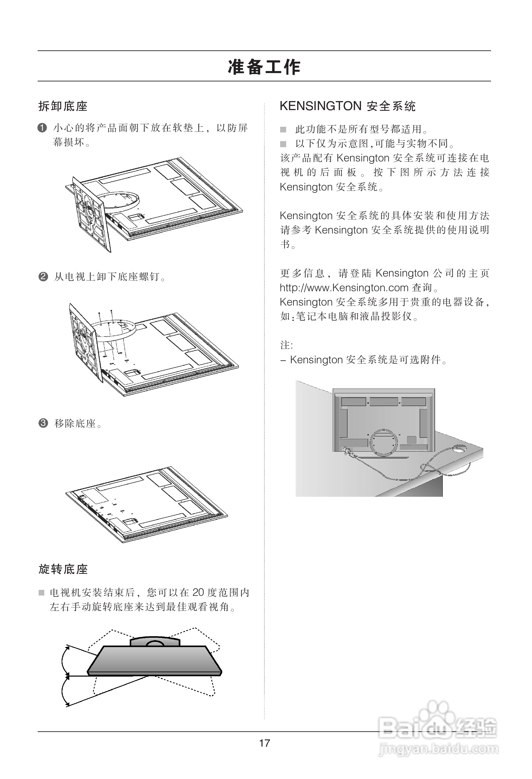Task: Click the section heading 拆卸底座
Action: [63, 106]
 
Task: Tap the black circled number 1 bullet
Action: [42, 128]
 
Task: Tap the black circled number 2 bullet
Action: [43, 277]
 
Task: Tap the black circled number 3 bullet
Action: [43, 423]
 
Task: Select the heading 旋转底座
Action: [63, 569]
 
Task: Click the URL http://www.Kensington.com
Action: [344, 288]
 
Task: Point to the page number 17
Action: [265, 743]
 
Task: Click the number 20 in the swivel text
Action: [198, 592]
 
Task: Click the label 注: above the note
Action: [286, 345]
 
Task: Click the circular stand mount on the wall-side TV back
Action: [384, 442]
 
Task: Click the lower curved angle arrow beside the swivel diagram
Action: [63, 692]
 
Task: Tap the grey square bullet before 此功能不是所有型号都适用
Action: [283, 129]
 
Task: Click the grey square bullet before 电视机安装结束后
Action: [42, 593]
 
